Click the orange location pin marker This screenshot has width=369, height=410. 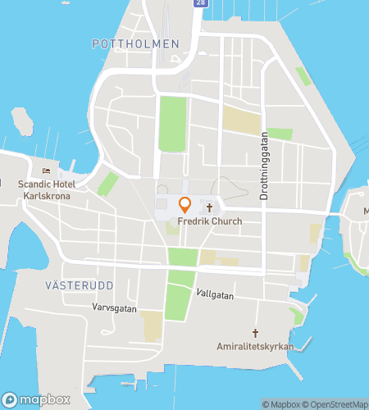tap(184, 204)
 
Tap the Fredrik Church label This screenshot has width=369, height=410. tap(208, 221)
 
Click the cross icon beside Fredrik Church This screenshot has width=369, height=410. tap(209, 207)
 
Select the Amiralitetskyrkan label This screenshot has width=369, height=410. tap(255, 347)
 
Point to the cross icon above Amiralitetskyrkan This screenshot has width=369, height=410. tap(255, 333)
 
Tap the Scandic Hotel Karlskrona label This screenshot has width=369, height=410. tap(46, 190)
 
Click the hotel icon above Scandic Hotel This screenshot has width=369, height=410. tap(46, 171)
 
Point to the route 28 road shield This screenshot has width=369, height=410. tap(202, 4)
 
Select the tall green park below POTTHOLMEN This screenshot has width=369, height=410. tap(172, 123)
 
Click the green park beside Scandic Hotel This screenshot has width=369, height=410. tap(107, 184)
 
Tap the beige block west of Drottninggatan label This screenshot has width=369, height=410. tap(241, 121)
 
